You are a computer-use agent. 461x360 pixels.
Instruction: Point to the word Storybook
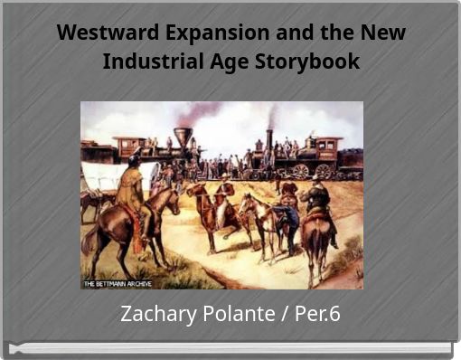pos(311,62)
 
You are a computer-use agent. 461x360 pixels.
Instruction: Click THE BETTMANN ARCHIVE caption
pos(118,283)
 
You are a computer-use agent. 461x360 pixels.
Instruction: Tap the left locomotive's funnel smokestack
pos(183,137)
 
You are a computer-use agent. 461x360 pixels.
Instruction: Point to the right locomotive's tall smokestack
pos(268,140)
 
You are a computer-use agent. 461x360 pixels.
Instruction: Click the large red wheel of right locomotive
pos(323,170)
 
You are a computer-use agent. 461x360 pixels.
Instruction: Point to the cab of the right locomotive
pos(325,149)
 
